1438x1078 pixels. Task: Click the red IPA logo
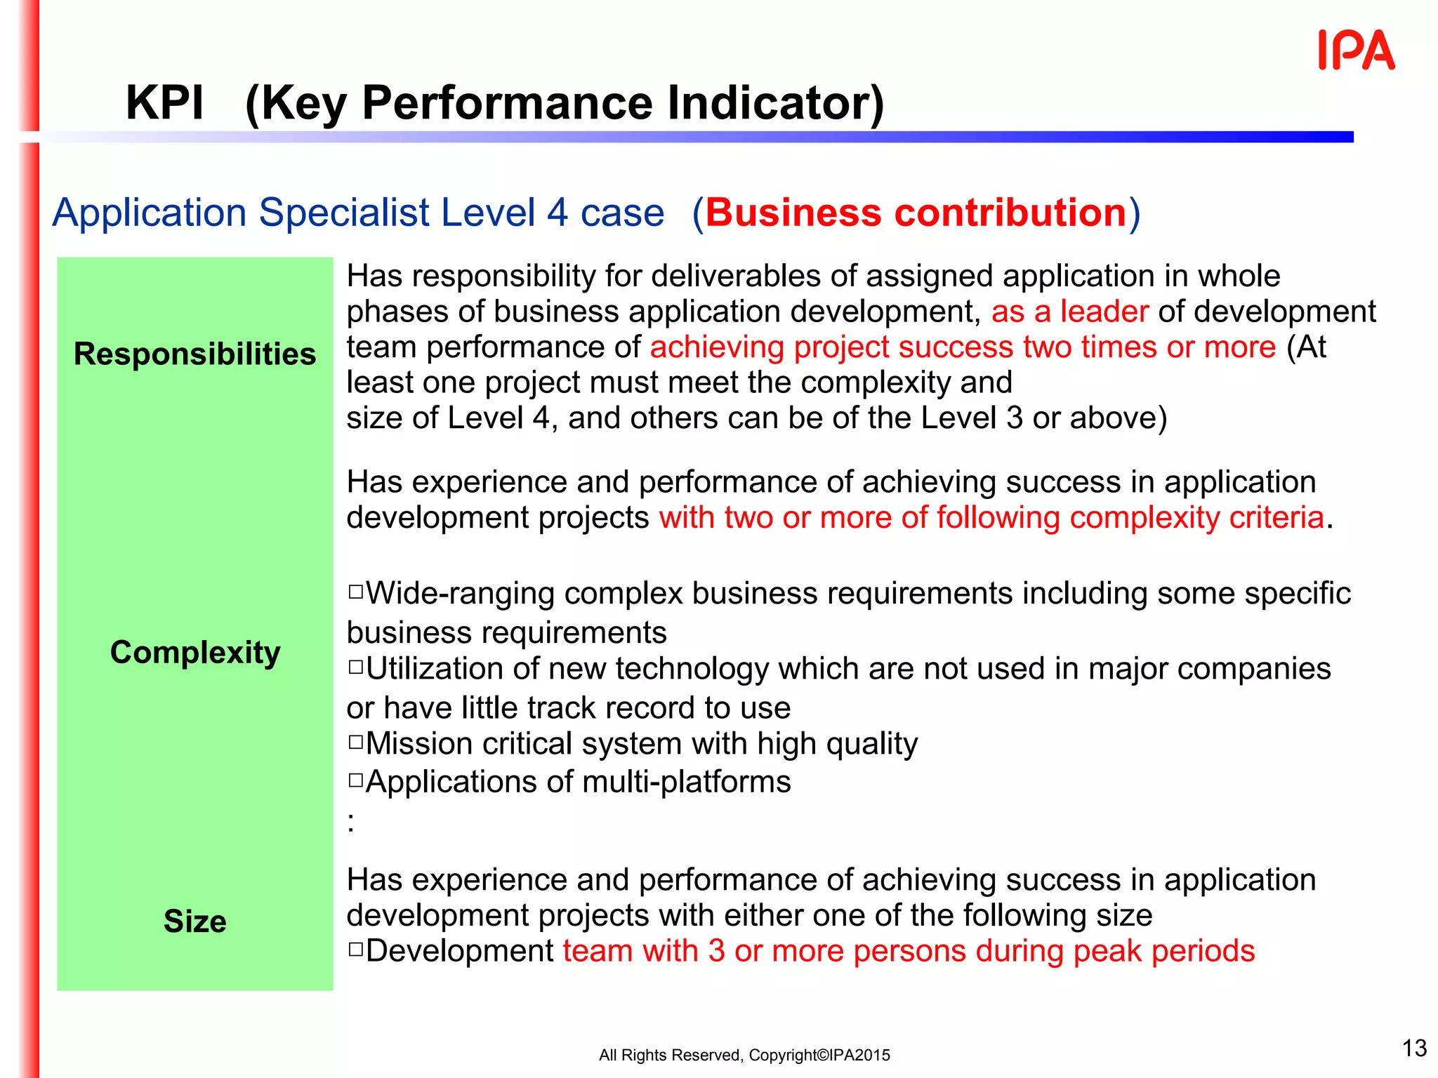pos(1356,51)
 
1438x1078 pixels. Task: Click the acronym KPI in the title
pos(164,103)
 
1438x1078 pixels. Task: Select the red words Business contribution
pos(916,213)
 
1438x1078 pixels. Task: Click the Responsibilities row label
pos(194,354)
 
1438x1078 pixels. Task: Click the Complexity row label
pos(194,652)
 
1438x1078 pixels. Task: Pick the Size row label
pos(194,921)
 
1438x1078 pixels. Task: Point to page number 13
pos(1414,1048)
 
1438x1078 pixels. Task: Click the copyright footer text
pos(744,1055)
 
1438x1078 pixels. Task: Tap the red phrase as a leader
pos(1069,311)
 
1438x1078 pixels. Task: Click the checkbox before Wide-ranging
pos(355,592)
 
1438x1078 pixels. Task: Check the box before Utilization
pos(355,667)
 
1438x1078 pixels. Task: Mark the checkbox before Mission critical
pos(355,742)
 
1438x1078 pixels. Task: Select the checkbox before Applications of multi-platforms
pos(355,780)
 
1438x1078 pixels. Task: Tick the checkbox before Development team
pos(355,950)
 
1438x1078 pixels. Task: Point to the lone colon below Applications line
pos(351,822)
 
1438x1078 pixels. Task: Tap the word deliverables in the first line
pos(737,276)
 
